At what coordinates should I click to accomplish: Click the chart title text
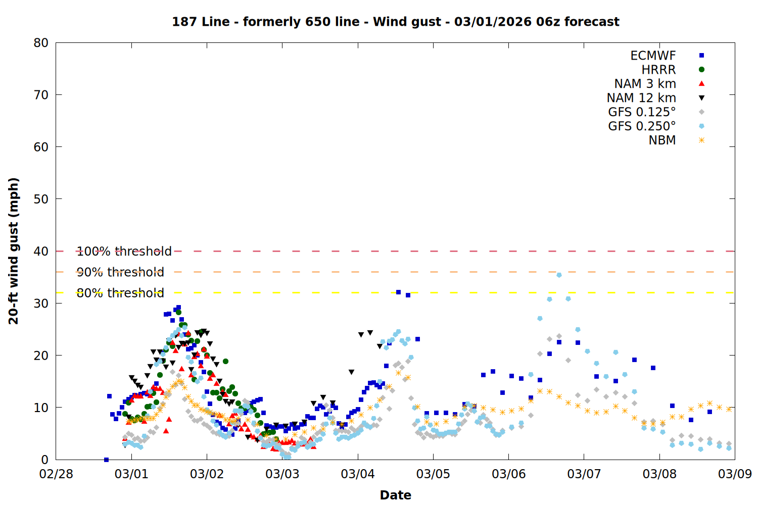pyautogui.click(x=395, y=22)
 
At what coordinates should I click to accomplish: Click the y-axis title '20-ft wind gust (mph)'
pyautogui.click(x=14, y=251)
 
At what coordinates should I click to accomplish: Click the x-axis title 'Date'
pyautogui.click(x=395, y=495)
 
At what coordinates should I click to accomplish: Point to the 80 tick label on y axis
pyautogui.click(x=41, y=43)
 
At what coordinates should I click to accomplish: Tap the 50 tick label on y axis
pyautogui.click(x=41, y=199)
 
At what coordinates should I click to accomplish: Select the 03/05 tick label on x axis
pyautogui.click(x=433, y=474)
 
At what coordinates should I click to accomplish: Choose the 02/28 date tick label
pyautogui.click(x=56, y=474)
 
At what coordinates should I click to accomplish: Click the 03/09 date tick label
pyautogui.click(x=735, y=474)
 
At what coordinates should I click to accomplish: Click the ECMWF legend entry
pyautogui.click(x=653, y=56)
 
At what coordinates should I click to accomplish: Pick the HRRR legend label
pyautogui.click(x=658, y=70)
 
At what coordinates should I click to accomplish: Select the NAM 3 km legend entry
pyautogui.click(x=645, y=84)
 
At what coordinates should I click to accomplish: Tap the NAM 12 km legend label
pyautogui.click(x=641, y=98)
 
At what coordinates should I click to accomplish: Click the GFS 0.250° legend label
pyautogui.click(x=642, y=126)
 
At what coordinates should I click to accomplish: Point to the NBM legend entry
pyautogui.click(x=662, y=140)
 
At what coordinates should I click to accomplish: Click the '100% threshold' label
pyautogui.click(x=124, y=251)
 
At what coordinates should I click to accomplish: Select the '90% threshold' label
pyautogui.click(x=120, y=272)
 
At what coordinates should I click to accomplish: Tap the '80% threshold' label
pyautogui.click(x=120, y=293)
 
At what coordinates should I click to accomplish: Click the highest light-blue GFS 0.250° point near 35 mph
pyautogui.click(x=559, y=275)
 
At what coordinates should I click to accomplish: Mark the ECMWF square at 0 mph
pyautogui.click(x=106, y=460)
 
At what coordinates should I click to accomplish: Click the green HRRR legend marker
pyautogui.click(x=701, y=70)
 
